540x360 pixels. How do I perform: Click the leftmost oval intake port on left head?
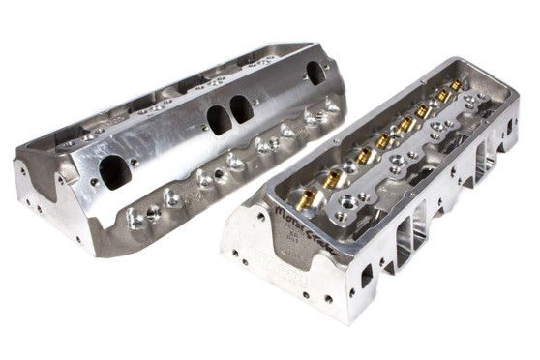[113, 172]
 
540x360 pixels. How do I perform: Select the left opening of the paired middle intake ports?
[217, 119]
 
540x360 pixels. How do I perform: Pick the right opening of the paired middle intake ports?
[241, 108]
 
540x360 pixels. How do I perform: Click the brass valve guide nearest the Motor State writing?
[331, 177]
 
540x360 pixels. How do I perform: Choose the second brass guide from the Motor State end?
[362, 156]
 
